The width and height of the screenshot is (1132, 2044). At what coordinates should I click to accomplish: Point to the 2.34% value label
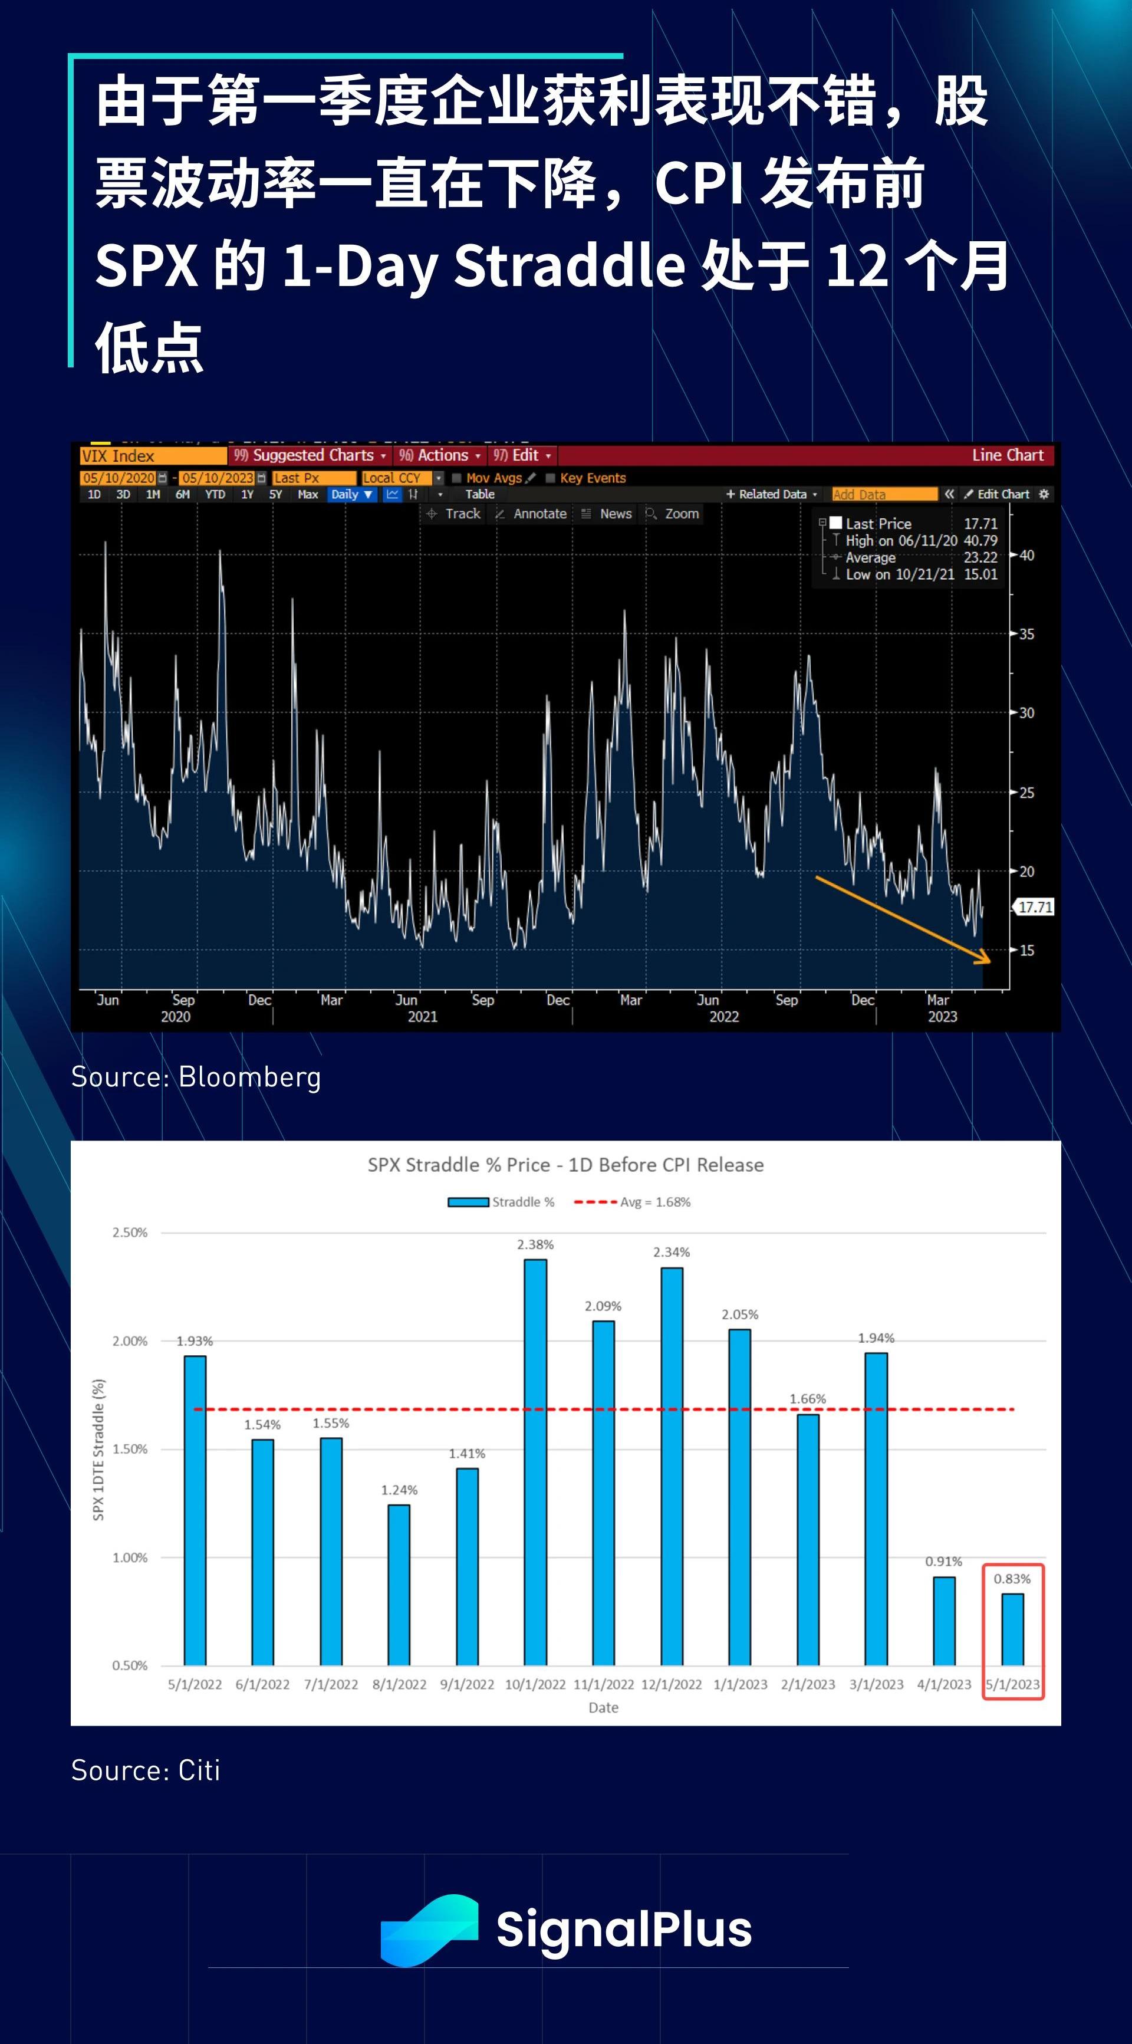671,1252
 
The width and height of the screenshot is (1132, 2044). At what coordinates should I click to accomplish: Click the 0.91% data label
943,1561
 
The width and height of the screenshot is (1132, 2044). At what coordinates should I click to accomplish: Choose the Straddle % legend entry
501,1202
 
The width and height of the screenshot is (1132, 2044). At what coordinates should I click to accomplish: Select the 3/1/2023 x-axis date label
876,1684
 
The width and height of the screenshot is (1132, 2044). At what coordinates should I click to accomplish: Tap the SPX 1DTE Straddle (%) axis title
98,1450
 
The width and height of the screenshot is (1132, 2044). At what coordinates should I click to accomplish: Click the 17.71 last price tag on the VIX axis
1035,907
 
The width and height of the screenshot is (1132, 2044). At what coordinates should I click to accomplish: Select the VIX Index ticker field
152,455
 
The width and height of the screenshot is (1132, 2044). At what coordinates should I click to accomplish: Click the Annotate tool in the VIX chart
539,514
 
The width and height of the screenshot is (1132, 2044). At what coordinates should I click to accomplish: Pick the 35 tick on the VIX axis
1026,634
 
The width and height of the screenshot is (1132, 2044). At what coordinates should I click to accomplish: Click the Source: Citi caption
145,1770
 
